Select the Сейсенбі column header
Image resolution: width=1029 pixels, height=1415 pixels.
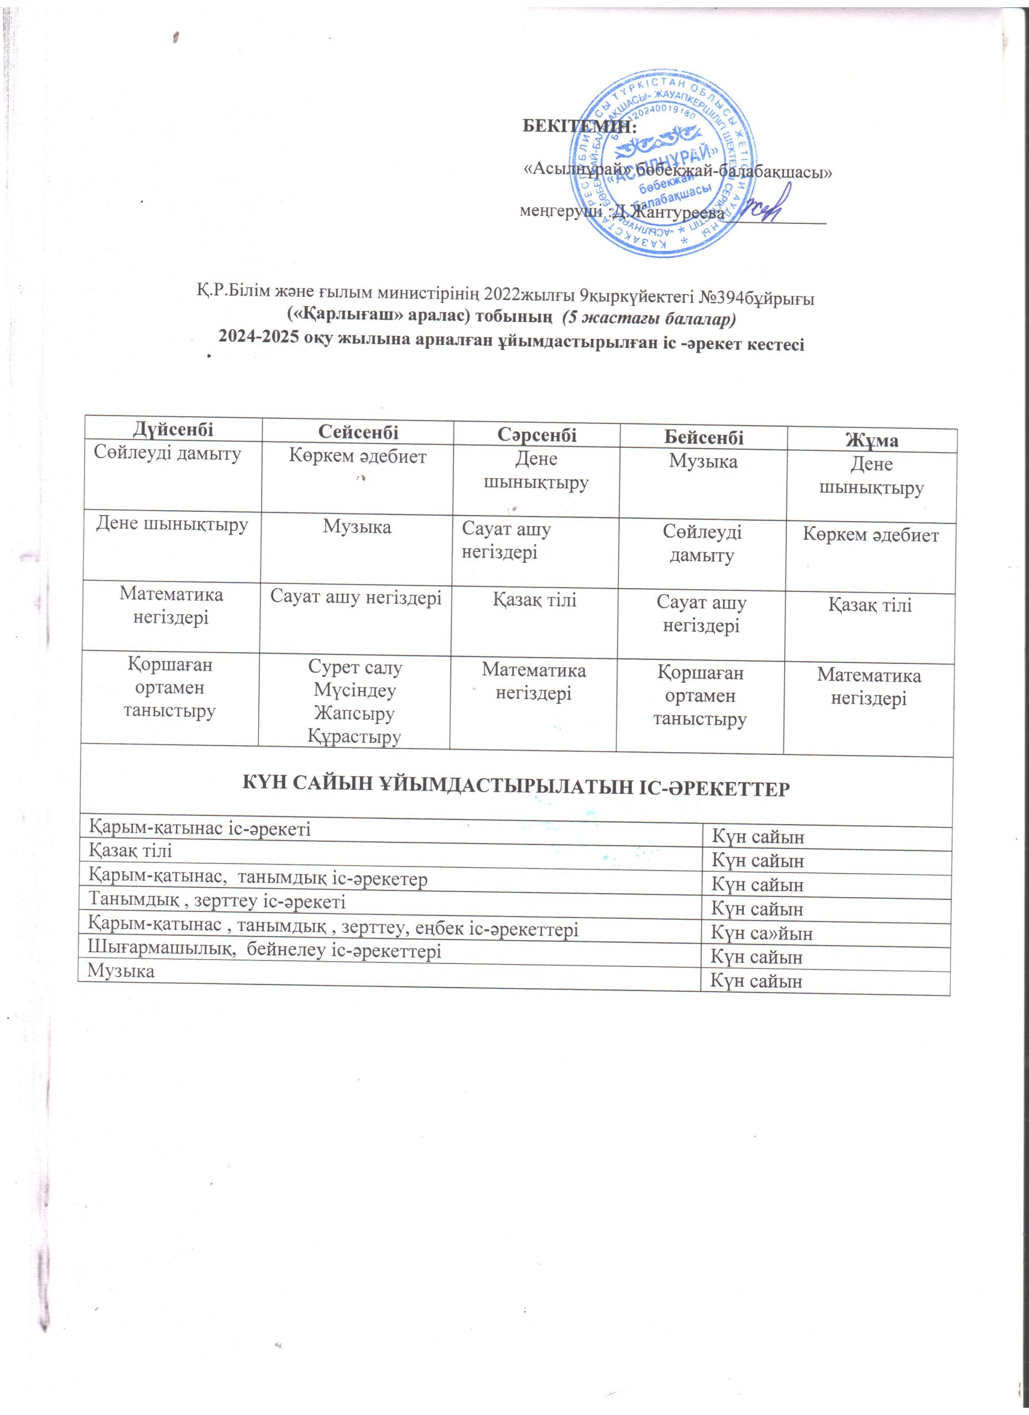tap(358, 431)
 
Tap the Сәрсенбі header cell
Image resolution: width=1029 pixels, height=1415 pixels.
tap(537, 434)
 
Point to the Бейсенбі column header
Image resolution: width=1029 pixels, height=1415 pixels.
tap(703, 437)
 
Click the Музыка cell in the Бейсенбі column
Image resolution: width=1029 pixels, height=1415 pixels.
tap(703, 462)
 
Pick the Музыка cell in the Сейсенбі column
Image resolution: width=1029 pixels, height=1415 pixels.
tap(357, 527)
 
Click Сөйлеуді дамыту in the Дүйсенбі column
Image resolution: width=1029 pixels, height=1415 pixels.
tap(167, 454)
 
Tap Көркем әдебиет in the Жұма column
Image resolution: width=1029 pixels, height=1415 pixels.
tap(870, 534)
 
